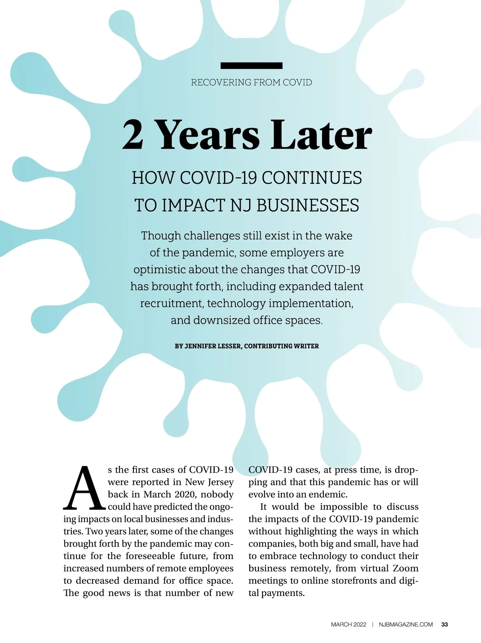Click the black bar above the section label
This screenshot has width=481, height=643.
[x=251, y=66]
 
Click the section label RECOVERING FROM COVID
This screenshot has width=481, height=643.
[x=251, y=82]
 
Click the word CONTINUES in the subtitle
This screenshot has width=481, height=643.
[x=311, y=178]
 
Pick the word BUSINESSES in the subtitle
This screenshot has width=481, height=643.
[x=307, y=205]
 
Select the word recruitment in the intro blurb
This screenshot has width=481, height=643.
[x=172, y=303]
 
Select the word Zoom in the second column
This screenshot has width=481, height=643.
[x=405, y=569]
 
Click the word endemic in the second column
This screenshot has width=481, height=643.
[x=327, y=494]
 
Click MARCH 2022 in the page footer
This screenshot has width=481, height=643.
[x=348, y=625]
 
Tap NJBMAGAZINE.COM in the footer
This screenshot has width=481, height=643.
[x=406, y=625]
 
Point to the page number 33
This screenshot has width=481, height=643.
[x=445, y=625]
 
